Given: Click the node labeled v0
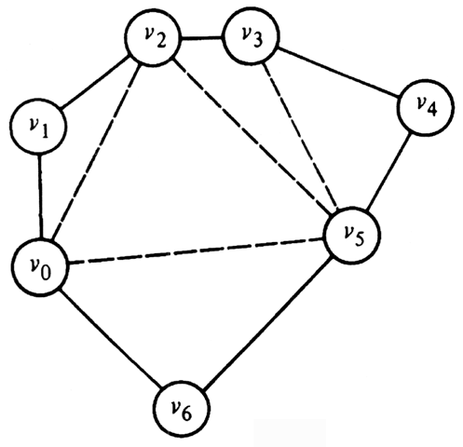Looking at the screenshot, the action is [39, 267].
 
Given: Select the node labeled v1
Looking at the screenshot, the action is [38, 126].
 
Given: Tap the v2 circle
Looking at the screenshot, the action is [153, 38].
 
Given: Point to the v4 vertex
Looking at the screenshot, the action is [427, 107].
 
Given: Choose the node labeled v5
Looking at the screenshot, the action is [352, 236].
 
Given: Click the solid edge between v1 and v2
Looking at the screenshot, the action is [96, 82].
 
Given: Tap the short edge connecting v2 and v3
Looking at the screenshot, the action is [202, 38].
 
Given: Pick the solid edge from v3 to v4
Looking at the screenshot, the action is [339, 72].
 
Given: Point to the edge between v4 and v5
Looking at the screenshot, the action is [389, 171].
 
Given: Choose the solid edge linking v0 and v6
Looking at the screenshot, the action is [111, 338].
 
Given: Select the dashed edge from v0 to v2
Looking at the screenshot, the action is [96, 152].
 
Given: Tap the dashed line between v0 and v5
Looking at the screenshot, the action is [196, 251].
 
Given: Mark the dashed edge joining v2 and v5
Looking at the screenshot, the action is [254, 134].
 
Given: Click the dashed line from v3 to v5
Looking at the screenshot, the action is [300, 135].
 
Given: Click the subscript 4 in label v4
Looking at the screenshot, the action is [432, 109].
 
